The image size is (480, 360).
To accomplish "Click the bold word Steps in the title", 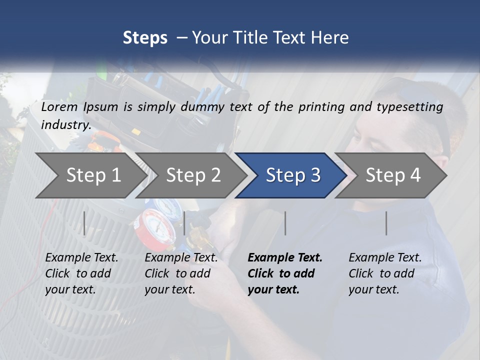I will pyautogui.click(x=145, y=37).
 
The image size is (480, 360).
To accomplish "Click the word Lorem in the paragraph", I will pyautogui.click(x=59, y=106).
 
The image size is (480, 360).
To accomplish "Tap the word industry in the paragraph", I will pyautogui.click(x=66, y=124).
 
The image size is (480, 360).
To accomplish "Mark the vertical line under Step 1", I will pyautogui.click(x=84, y=223).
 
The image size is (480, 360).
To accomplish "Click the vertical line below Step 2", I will pyautogui.click(x=184, y=223).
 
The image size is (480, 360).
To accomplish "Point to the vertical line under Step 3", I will pyautogui.click(x=285, y=223).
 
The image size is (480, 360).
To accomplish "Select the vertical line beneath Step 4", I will pyautogui.click(x=386, y=223).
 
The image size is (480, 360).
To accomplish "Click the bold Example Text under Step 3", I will pyautogui.click(x=285, y=258).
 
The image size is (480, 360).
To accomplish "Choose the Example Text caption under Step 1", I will pyautogui.click(x=81, y=258).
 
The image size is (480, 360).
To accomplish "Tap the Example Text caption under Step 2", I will pyautogui.click(x=181, y=258).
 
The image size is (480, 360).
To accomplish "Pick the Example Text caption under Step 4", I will pyautogui.click(x=385, y=258).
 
